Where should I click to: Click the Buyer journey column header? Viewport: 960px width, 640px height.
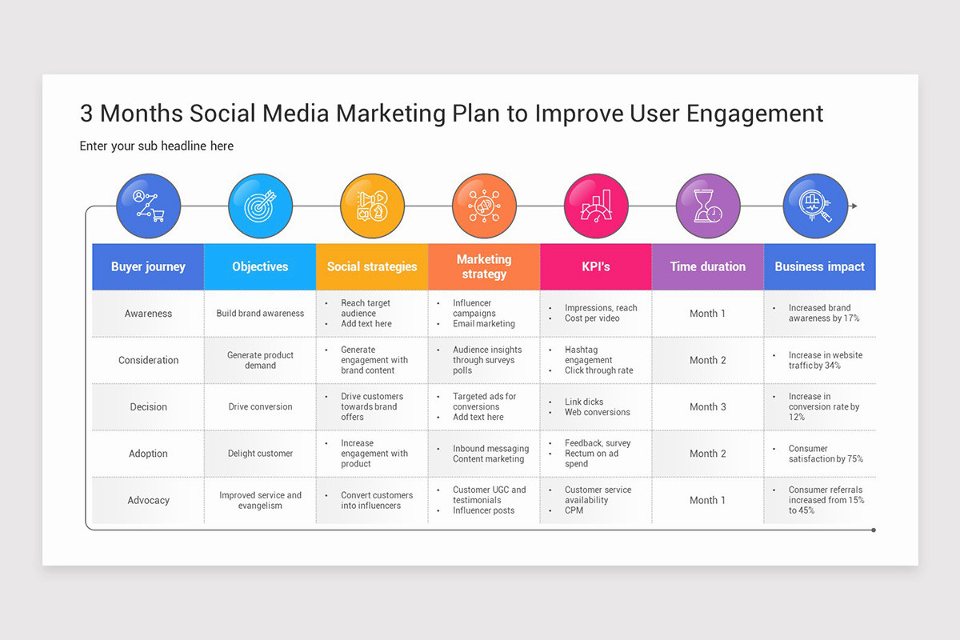[x=148, y=266]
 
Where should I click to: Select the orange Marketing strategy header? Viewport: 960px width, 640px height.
[x=484, y=266]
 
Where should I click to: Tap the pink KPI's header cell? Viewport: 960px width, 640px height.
[x=596, y=266]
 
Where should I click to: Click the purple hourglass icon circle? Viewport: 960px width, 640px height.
[x=708, y=206]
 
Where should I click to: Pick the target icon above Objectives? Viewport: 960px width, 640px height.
[x=260, y=206]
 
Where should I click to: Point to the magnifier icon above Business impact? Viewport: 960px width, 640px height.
[x=815, y=206]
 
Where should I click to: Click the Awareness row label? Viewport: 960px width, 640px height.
[x=148, y=314]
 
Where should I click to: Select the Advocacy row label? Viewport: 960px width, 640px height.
[x=148, y=500]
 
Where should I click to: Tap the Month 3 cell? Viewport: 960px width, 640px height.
[x=708, y=406]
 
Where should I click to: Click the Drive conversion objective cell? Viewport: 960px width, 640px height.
[x=260, y=406]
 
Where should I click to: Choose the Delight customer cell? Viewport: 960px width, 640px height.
[x=260, y=454]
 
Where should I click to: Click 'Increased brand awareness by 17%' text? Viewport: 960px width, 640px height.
[x=823, y=313]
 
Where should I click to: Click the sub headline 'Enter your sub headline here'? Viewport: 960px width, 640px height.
[x=157, y=146]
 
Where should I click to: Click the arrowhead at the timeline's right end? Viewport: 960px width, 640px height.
[x=854, y=206]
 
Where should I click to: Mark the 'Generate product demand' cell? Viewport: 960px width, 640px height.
[x=260, y=360]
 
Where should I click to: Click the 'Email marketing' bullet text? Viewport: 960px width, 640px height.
[x=483, y=324]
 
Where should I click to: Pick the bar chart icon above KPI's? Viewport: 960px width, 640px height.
[x=596, y=206]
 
